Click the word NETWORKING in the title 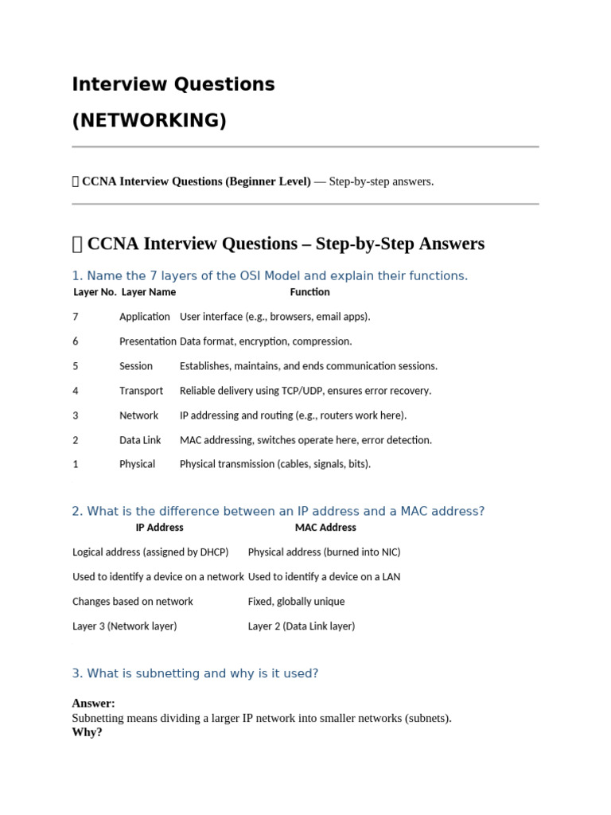tap(150, 121)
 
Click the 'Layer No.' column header tap(95, 292)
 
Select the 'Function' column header tap(309, 292)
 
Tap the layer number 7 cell tap(76, 317)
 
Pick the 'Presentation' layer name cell tap(148, 341)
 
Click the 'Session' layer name tap(136, 366)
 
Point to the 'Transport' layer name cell tap(141, 391)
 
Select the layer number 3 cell tap(76, 415)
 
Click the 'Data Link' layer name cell tap(140, 440)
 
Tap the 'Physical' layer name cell tap(137, 464)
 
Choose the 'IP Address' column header tap(159, 528)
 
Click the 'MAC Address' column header tap(325, 528)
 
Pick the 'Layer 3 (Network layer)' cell tap(124, 626)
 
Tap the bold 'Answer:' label tap(93, 704)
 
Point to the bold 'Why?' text tap(87, 732)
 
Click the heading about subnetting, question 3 tap(195, 673)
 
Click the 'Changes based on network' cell tap(132, 602)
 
